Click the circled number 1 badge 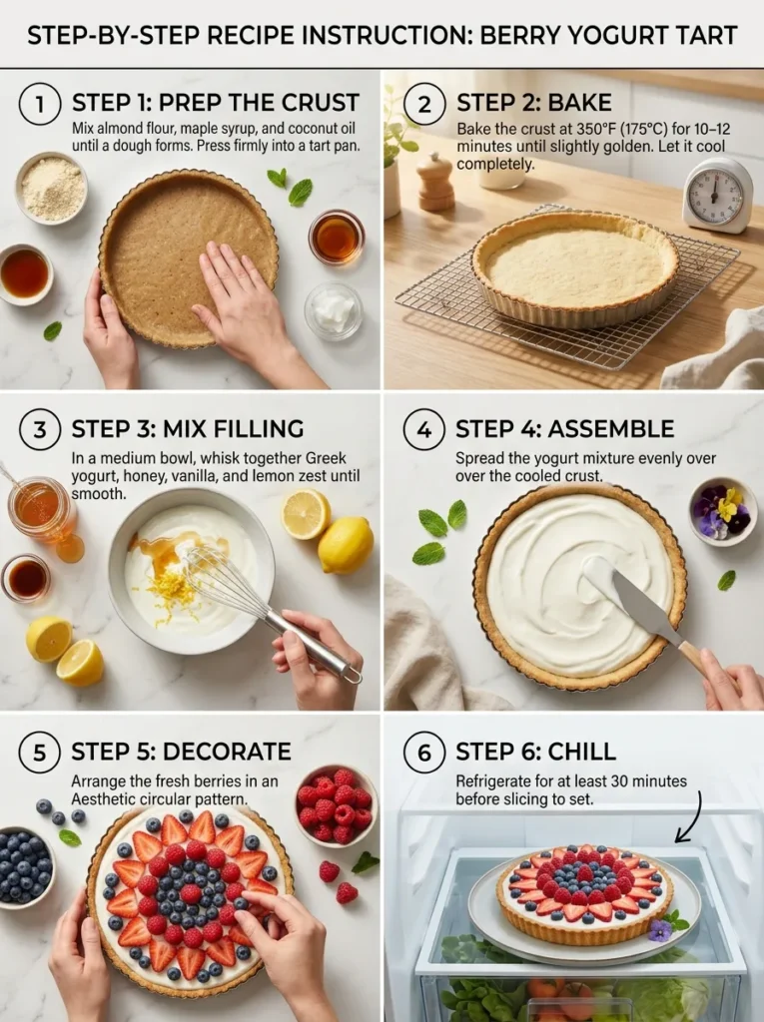pos(40,104)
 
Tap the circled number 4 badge pos(423,430)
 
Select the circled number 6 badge pos(423,753)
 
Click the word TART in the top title pos(704,37)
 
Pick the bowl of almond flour pos(51,187)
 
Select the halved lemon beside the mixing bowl pos(306,514)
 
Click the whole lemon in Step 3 pos(346,545)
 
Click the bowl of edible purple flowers pos(723,510)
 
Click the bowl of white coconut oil pos(334,311)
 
